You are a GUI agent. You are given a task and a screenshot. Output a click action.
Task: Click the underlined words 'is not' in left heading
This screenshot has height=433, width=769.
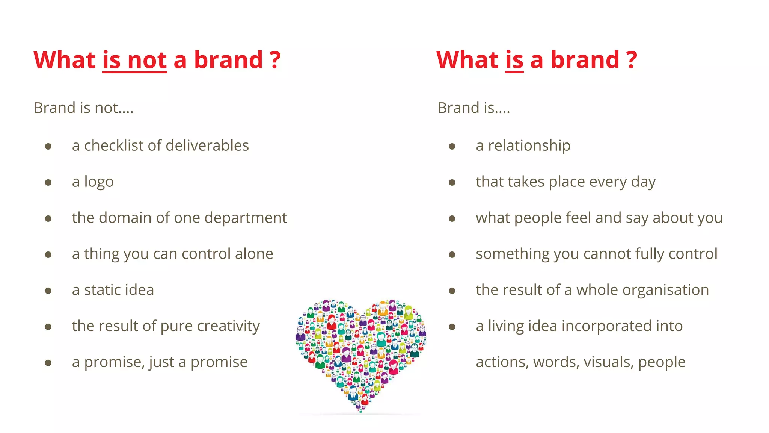click(134, 60)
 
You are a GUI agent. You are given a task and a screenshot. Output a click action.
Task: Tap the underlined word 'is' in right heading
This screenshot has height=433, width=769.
click(514, 60)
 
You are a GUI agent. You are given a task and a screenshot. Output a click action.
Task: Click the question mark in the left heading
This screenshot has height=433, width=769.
click(275, 60)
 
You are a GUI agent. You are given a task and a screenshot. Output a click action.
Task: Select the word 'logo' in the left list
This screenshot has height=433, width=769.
click(99, 182)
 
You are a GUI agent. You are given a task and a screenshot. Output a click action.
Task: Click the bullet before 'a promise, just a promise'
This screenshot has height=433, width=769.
click(48, 363)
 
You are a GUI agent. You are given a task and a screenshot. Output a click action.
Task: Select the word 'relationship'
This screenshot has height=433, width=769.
click(529, 146)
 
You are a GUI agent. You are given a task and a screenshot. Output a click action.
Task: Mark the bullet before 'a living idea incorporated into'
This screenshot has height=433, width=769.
click(452, 327)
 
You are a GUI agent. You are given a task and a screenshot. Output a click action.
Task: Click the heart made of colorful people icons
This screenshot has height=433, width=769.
click(360, 353)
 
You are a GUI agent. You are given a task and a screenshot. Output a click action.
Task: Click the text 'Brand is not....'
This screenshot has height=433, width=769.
click(83, 108)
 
